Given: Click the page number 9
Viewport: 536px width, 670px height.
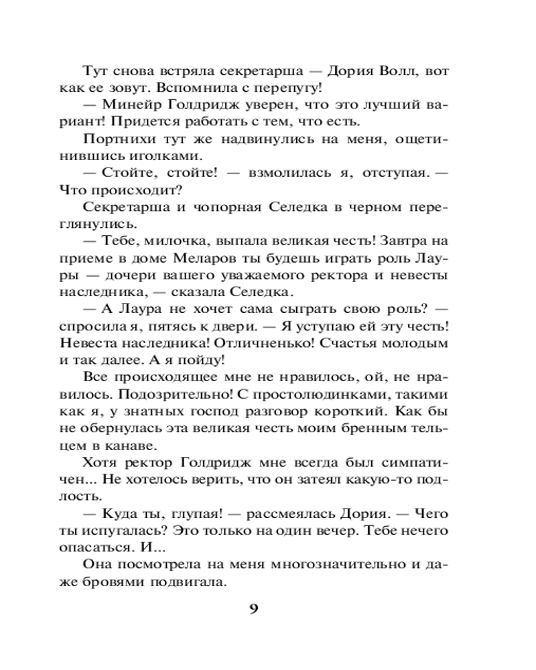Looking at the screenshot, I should click(x=253, y=609).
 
